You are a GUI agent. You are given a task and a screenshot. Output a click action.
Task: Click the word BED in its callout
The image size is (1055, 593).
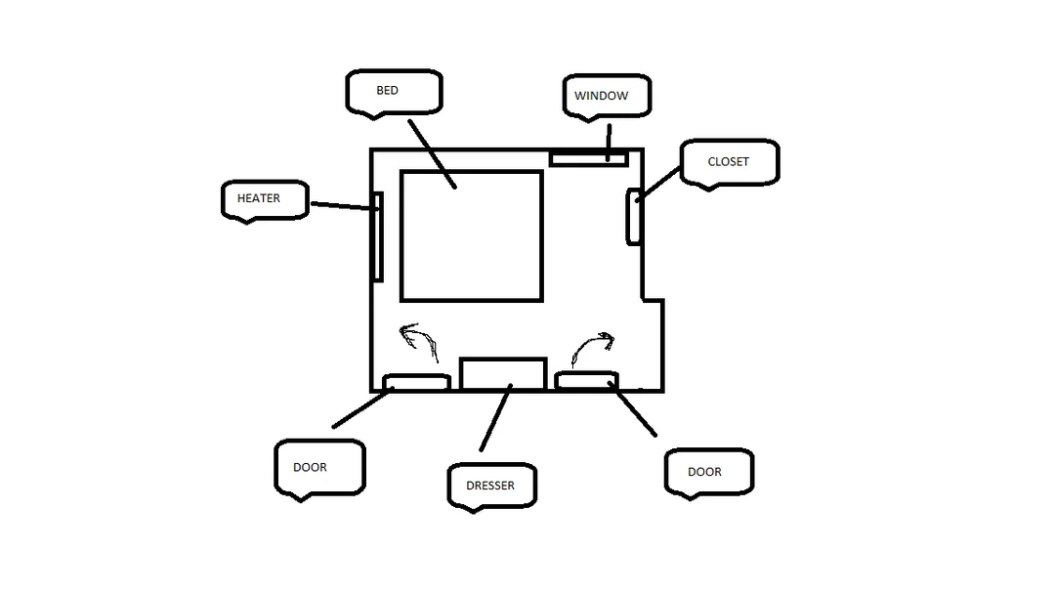click(387, 90)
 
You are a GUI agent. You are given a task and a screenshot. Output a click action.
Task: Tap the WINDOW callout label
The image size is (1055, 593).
click(601, 96)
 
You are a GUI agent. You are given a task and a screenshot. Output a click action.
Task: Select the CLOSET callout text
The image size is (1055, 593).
click(728, 161)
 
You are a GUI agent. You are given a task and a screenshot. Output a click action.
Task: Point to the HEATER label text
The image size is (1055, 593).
click(258, 198)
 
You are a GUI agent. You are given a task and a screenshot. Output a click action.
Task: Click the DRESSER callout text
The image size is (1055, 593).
click(489, 486)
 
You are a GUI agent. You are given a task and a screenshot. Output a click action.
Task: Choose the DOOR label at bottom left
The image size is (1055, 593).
click(310, 467)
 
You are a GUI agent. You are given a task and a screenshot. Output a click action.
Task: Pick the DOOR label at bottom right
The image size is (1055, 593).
click(704, 472)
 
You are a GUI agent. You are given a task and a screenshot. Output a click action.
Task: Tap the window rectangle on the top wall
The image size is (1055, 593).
click(589, 159)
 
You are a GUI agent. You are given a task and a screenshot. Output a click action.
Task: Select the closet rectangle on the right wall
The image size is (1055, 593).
click(634, 217)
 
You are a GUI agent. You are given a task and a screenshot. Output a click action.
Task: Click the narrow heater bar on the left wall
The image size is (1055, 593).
click(377, 236)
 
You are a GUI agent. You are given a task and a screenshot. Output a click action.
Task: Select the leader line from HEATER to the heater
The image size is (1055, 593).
click(341, 206)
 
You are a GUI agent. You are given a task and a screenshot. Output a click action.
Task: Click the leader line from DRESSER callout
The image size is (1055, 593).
click(496, 417)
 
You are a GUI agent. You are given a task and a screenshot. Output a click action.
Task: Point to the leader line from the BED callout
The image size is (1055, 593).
click(432, 154)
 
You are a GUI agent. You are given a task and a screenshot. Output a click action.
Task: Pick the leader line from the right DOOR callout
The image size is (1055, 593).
click(632, 409)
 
